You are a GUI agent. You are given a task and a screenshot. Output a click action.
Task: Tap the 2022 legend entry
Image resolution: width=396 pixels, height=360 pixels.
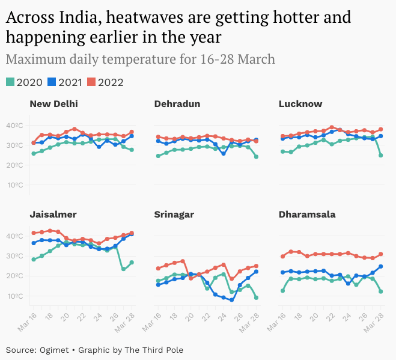coord(110,82)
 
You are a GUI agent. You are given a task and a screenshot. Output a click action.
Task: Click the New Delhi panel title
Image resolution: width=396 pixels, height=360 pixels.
coord(53,104)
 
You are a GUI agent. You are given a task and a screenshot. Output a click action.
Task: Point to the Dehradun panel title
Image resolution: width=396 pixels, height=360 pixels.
coord(177,104)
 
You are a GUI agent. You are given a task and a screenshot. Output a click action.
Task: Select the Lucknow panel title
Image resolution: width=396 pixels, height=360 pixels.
coord(300,104)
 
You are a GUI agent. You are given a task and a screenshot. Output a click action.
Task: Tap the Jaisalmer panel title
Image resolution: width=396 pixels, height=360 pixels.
coord(53,214)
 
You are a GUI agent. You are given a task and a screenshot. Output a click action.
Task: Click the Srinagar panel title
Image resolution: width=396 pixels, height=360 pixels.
coord(174,214)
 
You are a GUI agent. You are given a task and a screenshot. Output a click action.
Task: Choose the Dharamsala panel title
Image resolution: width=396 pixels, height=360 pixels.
coord(307,214)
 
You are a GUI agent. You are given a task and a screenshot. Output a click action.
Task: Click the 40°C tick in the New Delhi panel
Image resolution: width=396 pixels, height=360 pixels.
coord(14,126)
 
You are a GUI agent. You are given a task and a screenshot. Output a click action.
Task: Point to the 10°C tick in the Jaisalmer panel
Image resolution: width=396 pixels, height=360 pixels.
coord(14,296)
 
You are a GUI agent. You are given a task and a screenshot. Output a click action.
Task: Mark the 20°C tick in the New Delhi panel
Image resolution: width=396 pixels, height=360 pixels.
coord(14,165)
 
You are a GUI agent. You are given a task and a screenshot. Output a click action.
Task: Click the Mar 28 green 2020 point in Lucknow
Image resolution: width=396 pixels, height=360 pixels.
coord(381,155)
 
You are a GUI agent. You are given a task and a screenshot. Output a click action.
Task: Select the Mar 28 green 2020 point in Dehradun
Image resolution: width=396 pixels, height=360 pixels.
coord(257,156)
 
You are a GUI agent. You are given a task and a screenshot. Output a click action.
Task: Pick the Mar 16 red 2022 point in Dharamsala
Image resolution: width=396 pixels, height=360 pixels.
coord(283,256)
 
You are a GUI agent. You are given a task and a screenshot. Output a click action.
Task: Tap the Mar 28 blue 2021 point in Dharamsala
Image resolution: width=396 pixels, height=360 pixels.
coord(381,266)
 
